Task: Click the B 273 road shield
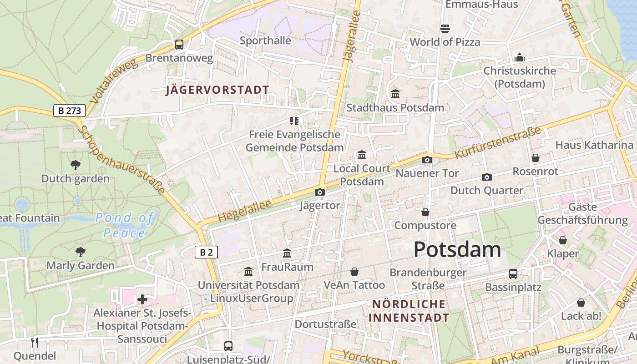tap(69, 111)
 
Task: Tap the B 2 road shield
tap(206, 252)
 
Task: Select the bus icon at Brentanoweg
tap(179, 45)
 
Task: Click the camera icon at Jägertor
tap(320, 192)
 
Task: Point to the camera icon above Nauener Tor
tap(427, 160)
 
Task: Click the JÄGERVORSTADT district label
tap(217, 90)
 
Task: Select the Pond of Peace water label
tap(124, 225)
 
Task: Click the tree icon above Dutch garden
tap(76, 165)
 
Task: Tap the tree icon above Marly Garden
tap(81, 252)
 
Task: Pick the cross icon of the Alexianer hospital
tap(142, 299)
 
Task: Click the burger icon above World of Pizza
tap(445, 29)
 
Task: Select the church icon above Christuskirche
tap(519, 57)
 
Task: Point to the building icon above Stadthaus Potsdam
tap(395, 94)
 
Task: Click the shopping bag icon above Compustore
tap(425, 212)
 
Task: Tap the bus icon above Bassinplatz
tap(513, 273)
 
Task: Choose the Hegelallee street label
tap(244, 211)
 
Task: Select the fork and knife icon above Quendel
tap(35, 342)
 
